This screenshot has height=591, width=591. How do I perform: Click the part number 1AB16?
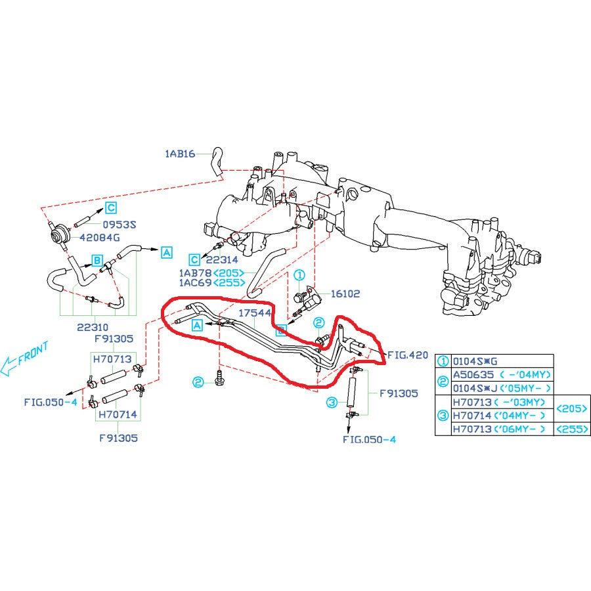pos(180,154)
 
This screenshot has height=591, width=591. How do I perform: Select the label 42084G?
pos(100,237)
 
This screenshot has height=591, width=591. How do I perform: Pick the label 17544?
pos(255,313)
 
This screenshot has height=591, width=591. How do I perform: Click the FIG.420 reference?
pos(407,355)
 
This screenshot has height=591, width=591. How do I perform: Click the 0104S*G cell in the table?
pos(473,361)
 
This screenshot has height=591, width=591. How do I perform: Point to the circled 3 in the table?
pos(443,415)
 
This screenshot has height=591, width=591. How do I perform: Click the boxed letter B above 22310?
pos(96,260)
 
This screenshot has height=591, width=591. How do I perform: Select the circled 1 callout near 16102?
pos(299,276)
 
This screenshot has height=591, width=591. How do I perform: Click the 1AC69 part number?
pos(194,284)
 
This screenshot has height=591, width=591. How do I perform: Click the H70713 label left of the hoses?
pos(112,359)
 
